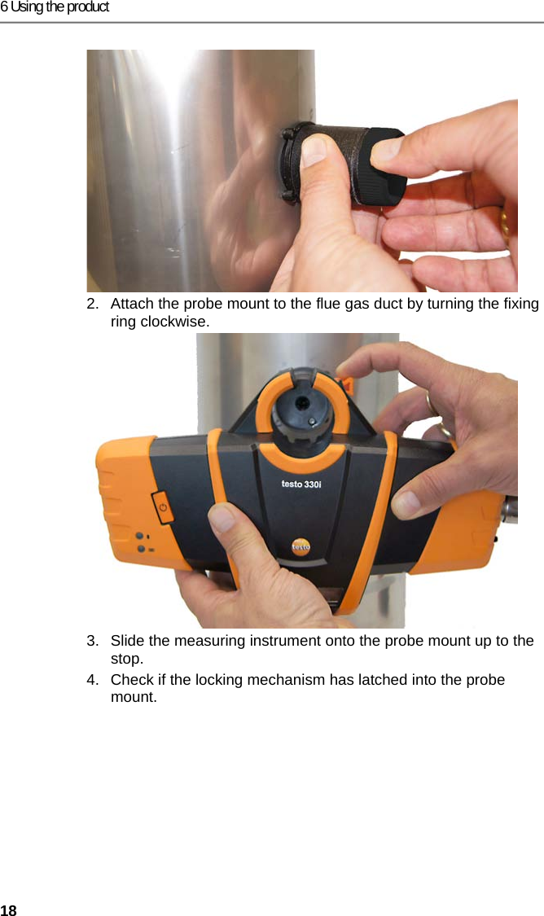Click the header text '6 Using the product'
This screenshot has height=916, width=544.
click(x=55, y=7)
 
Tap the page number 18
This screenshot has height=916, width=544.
click(x=8, y=909)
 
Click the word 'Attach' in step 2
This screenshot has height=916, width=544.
click(x=130, y=305)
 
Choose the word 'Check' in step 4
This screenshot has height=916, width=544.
click(x=130, y=680)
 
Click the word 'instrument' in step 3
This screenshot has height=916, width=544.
click(x=268, y=641)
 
